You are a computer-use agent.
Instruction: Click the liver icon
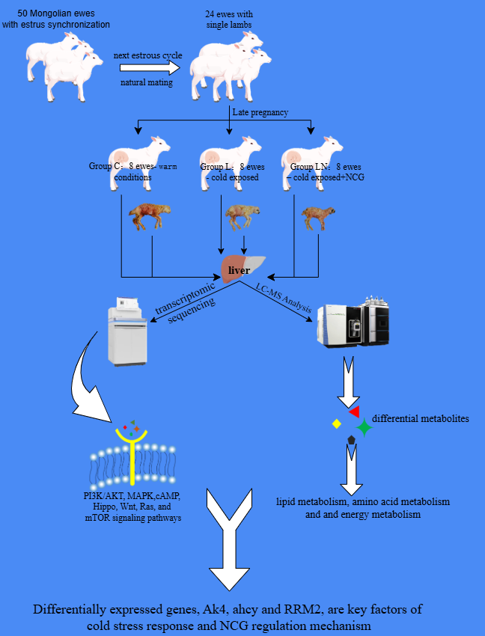[242, 268]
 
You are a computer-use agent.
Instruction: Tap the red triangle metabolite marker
[355, 412]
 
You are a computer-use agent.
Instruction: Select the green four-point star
[364, 426]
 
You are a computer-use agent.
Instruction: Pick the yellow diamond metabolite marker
[336, 424]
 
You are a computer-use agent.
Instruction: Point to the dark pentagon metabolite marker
[352, 440]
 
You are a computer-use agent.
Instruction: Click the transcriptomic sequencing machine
[127, 331]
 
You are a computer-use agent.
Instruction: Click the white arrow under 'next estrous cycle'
[150, 68]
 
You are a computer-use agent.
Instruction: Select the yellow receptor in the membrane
[132, 454]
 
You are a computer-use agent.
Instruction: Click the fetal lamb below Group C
[150, 216]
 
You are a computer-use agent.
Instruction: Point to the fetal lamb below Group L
[242, 216]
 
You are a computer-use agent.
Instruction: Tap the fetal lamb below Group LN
[318, 218]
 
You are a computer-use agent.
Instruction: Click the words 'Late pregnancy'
[260, 112]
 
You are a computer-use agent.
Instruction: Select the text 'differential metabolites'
[421, 418]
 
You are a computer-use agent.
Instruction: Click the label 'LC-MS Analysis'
[283, 297]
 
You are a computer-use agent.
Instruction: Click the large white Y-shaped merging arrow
[229, 539]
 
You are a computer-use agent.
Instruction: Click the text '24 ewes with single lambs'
[229, 19]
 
